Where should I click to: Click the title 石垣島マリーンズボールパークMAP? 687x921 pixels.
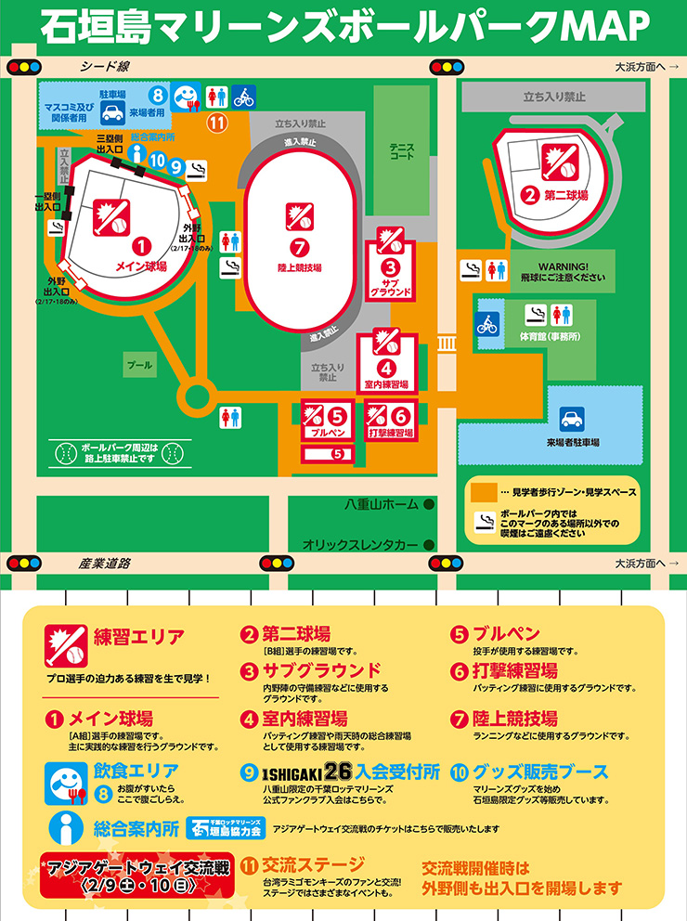(x=343, y=27)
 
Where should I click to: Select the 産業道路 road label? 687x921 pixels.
(x=104, y=564)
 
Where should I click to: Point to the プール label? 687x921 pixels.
(x=139, y=366)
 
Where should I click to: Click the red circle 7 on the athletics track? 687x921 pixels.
(x=298, y=248)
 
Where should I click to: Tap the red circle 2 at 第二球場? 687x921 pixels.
(x=529, y=195)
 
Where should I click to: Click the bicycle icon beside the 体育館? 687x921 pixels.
(x=487, y=325)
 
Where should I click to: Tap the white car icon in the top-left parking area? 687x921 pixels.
(x=112, y=113)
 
